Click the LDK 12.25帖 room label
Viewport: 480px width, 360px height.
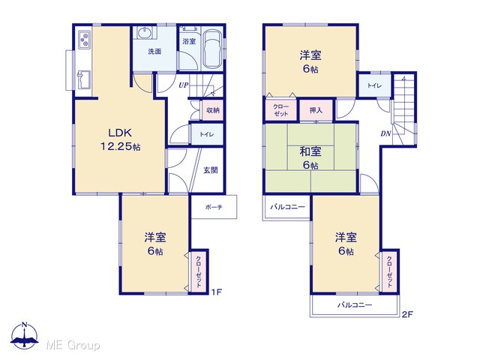point(121,139)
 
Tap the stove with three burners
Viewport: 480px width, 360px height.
point(84,40)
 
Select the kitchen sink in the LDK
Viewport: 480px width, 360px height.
point(84,80)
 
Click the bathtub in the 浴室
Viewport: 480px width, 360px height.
point(212,49)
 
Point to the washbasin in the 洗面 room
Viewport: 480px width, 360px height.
point(145,33)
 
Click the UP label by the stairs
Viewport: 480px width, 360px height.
point(183,85)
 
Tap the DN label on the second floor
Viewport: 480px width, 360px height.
point(386,133)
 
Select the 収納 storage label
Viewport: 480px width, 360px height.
point(213,110)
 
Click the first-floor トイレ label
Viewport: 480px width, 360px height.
point(207,134)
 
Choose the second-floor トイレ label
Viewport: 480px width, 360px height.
point(374,85)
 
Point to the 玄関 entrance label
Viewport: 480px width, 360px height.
point(211,170)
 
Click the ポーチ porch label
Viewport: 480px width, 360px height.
point(214,207)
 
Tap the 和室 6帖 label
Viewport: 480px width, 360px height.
point(310,158)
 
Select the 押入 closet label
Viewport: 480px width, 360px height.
point(316,110)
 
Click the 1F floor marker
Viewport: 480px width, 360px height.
point(217,292)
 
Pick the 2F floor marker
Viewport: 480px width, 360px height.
point(407,314)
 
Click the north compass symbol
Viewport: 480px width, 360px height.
point(25,335)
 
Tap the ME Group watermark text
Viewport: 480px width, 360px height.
point(73,346)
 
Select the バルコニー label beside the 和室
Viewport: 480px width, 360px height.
point(287,207)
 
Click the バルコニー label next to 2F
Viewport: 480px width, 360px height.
point(355,305)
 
